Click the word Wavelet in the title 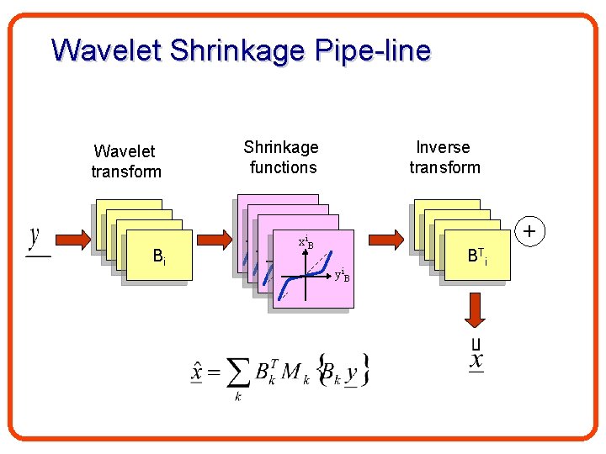(107, 50)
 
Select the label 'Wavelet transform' (125, 161)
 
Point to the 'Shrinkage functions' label (282, 157)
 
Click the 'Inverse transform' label (444, 157)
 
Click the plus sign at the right (529, 230)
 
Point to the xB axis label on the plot (306, 243)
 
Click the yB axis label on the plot (342, 275)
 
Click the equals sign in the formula (215, 371)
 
